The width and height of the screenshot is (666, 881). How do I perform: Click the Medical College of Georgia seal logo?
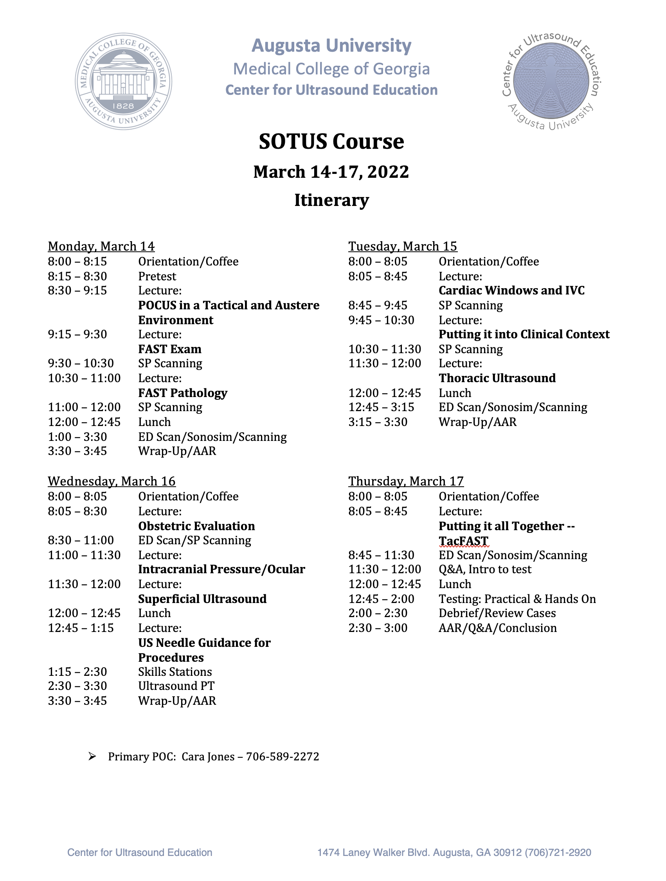click(123, 81)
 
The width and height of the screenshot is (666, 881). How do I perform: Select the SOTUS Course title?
click(331, 142)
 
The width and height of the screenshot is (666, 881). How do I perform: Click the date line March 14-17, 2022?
click(331, 172)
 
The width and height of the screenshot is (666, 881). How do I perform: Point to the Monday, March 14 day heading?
click(101, 247)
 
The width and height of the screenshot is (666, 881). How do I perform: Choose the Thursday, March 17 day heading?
click(406, 482)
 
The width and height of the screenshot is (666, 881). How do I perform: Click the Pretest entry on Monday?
click(157, 276)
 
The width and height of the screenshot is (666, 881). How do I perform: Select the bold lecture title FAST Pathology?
click(183, 393)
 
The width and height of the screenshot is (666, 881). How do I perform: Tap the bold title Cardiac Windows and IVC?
click(511, 291)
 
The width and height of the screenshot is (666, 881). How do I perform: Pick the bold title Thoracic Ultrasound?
click(497, 378)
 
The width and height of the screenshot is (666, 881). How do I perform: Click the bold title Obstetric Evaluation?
click(197, 526)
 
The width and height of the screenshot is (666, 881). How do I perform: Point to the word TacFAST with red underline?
click(463, 541)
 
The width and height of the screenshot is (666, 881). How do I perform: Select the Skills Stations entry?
click(175, 672)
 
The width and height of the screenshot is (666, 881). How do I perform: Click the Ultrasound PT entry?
click(176, 686)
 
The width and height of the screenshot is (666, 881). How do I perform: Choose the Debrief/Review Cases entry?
click(497, 613)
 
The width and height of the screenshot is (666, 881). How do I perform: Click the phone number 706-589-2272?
click(283, 757)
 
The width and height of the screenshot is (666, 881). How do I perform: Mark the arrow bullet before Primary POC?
click(92, 756)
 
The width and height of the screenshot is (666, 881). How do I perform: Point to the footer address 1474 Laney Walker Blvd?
click(454, 853)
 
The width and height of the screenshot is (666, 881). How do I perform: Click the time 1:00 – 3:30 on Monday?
click(77, 437)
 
